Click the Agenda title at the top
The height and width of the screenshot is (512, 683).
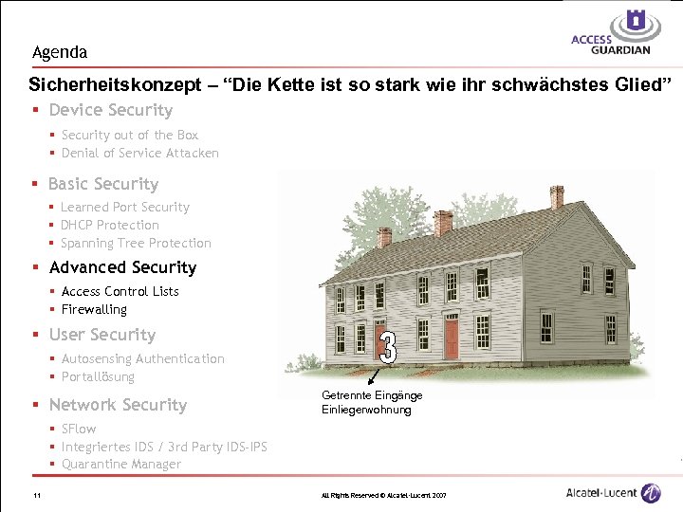59,52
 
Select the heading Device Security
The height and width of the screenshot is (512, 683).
110,111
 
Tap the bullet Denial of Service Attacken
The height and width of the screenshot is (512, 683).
139,153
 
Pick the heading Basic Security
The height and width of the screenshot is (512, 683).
102,184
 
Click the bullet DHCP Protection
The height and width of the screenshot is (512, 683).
109,225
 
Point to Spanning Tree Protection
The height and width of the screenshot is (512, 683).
136,243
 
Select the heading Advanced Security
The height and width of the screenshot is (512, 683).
122,267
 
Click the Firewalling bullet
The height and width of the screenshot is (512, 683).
94,309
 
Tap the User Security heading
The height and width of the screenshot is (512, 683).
102,335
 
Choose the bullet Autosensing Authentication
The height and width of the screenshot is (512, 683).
142,358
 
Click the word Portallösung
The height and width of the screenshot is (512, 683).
98,376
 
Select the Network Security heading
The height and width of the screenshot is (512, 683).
118,405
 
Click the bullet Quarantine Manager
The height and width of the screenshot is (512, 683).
120,464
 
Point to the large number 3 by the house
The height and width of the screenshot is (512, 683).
387,346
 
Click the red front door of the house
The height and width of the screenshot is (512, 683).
452,334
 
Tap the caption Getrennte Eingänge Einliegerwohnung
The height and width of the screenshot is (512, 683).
371,402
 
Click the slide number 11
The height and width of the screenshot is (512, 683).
35,496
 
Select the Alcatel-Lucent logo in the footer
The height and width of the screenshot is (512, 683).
613,493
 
